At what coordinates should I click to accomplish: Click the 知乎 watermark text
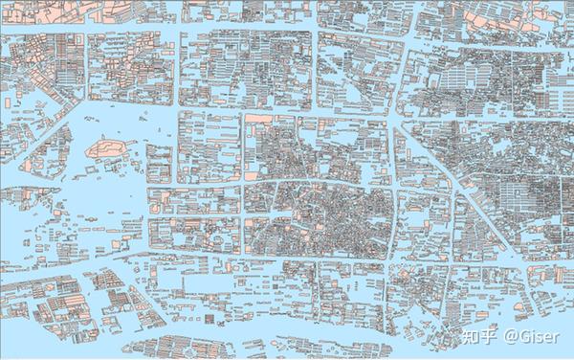[479, 336]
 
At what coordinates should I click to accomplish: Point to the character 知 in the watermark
[471, 336]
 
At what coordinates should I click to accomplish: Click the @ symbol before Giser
[511, 336]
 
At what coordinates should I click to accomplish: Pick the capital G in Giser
[524, 336]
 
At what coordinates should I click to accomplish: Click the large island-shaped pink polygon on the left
[107, 149]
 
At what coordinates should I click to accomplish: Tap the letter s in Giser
[539, 337]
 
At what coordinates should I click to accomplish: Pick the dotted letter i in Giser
[532, 336]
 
